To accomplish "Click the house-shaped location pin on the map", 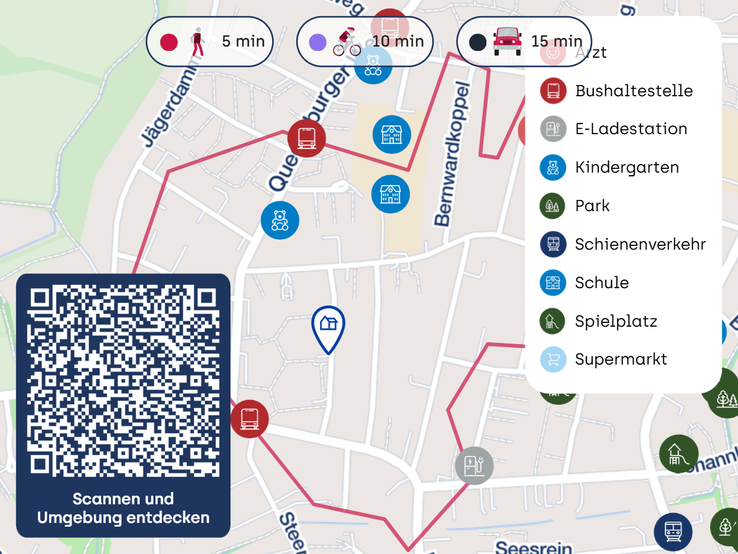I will (x=328, y=325).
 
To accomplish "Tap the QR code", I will (x=123, y=381).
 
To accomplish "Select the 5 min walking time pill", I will (x=210, y=42).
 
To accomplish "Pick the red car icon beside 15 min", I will (x=508, y=42).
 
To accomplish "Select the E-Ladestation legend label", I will (x=631, y=129).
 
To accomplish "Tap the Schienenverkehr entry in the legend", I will (x=640, y=244).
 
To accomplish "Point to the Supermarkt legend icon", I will (x=553, y=360).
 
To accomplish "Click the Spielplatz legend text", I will (x=616, y=321).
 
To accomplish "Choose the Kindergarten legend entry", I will (x=627, y=168).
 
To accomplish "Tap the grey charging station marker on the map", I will (x=474, y=465).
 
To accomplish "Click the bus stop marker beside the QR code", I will (x=249, y=419).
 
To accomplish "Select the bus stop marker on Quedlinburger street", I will (x=306, y=137).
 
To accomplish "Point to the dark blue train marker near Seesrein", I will (x=673, y=532).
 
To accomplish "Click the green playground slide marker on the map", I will (x=678, y=454).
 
